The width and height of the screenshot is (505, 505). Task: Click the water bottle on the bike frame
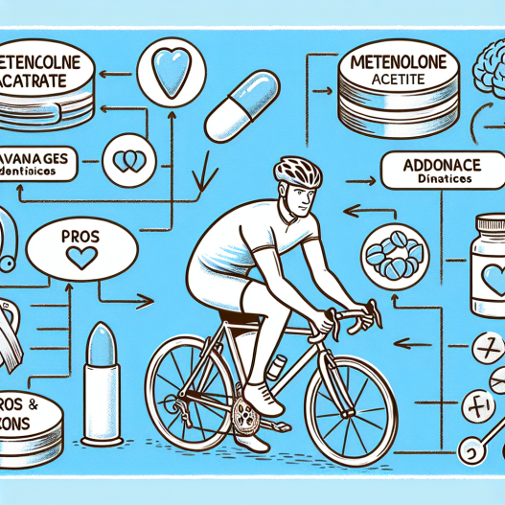point(278,367)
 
